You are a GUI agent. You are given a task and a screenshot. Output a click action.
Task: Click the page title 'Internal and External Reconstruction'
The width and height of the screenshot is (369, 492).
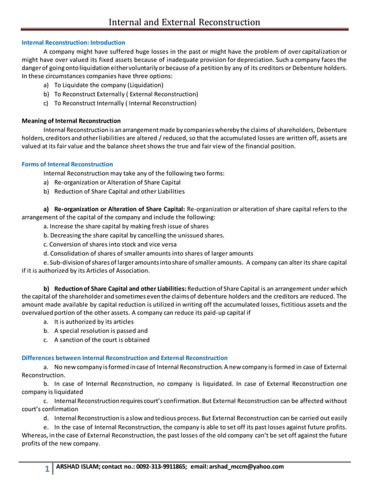184,22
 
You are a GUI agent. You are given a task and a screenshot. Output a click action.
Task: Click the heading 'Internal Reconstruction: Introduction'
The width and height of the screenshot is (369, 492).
73,43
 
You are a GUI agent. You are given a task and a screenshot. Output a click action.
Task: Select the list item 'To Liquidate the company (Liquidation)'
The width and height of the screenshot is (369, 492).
105,85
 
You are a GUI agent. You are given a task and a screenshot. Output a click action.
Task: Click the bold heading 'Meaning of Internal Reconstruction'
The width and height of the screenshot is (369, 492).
71,121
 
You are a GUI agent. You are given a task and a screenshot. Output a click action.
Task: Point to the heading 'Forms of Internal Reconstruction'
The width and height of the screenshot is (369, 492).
67,164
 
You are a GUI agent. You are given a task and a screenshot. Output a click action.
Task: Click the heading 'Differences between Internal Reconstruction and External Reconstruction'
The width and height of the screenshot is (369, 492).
124,358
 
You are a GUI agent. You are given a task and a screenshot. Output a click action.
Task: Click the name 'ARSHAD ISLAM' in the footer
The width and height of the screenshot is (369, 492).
77,467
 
